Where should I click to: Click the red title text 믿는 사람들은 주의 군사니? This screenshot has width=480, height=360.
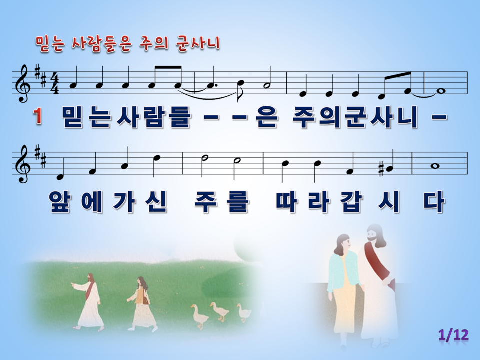coord(128,44)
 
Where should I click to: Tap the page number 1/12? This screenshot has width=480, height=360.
coord(453,335)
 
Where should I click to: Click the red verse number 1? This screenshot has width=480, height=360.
coord(37,117)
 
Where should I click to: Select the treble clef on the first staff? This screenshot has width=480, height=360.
coord(24,83)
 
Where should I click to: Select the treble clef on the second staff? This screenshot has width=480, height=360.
coord(24,163)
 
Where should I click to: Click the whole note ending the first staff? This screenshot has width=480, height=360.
coord(441,91)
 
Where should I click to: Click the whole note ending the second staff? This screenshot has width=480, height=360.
coord(435,166)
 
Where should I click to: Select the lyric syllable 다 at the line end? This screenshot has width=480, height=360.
coord(434,202)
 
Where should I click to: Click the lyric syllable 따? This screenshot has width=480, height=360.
coord(287,202)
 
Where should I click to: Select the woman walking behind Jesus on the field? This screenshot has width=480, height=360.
coord(141,303)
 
